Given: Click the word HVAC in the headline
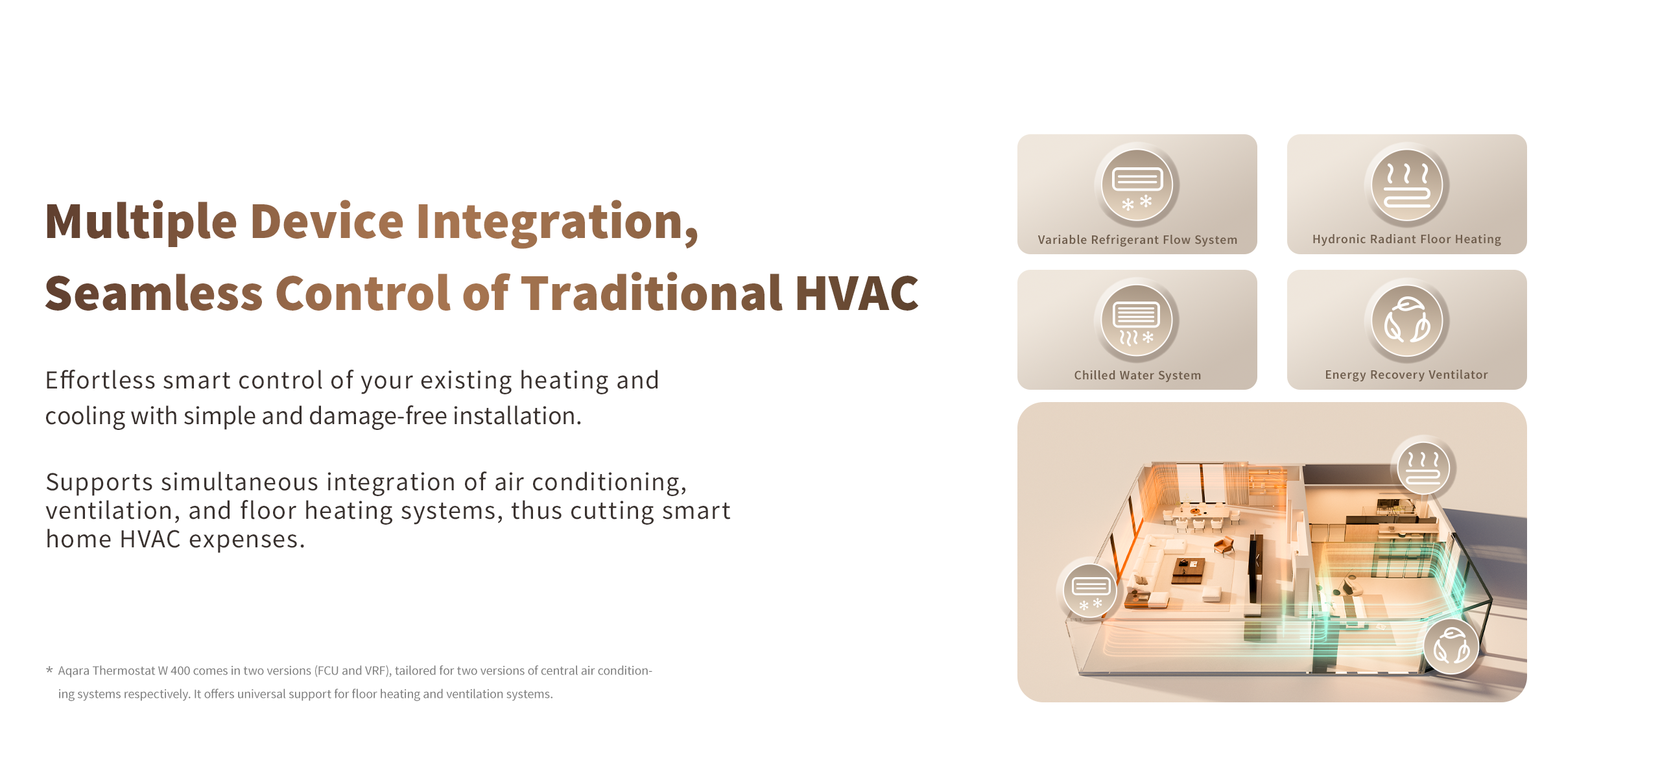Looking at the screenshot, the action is click(857, 294).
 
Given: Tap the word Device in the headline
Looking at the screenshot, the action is click(327, 222).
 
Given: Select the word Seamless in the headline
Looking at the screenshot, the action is click(154, 294).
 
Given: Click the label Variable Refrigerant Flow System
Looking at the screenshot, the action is click(1137, 240).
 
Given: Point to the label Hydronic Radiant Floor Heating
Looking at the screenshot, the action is click(1406, 239).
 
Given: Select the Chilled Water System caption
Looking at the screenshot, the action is click(1137, 375).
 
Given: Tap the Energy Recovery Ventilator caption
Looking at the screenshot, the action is click(1406, 375).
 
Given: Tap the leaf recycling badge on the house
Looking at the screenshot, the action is click(1451, 647).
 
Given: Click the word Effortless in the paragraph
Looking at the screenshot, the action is click(101, 380).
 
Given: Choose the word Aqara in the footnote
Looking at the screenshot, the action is click(74, 671).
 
